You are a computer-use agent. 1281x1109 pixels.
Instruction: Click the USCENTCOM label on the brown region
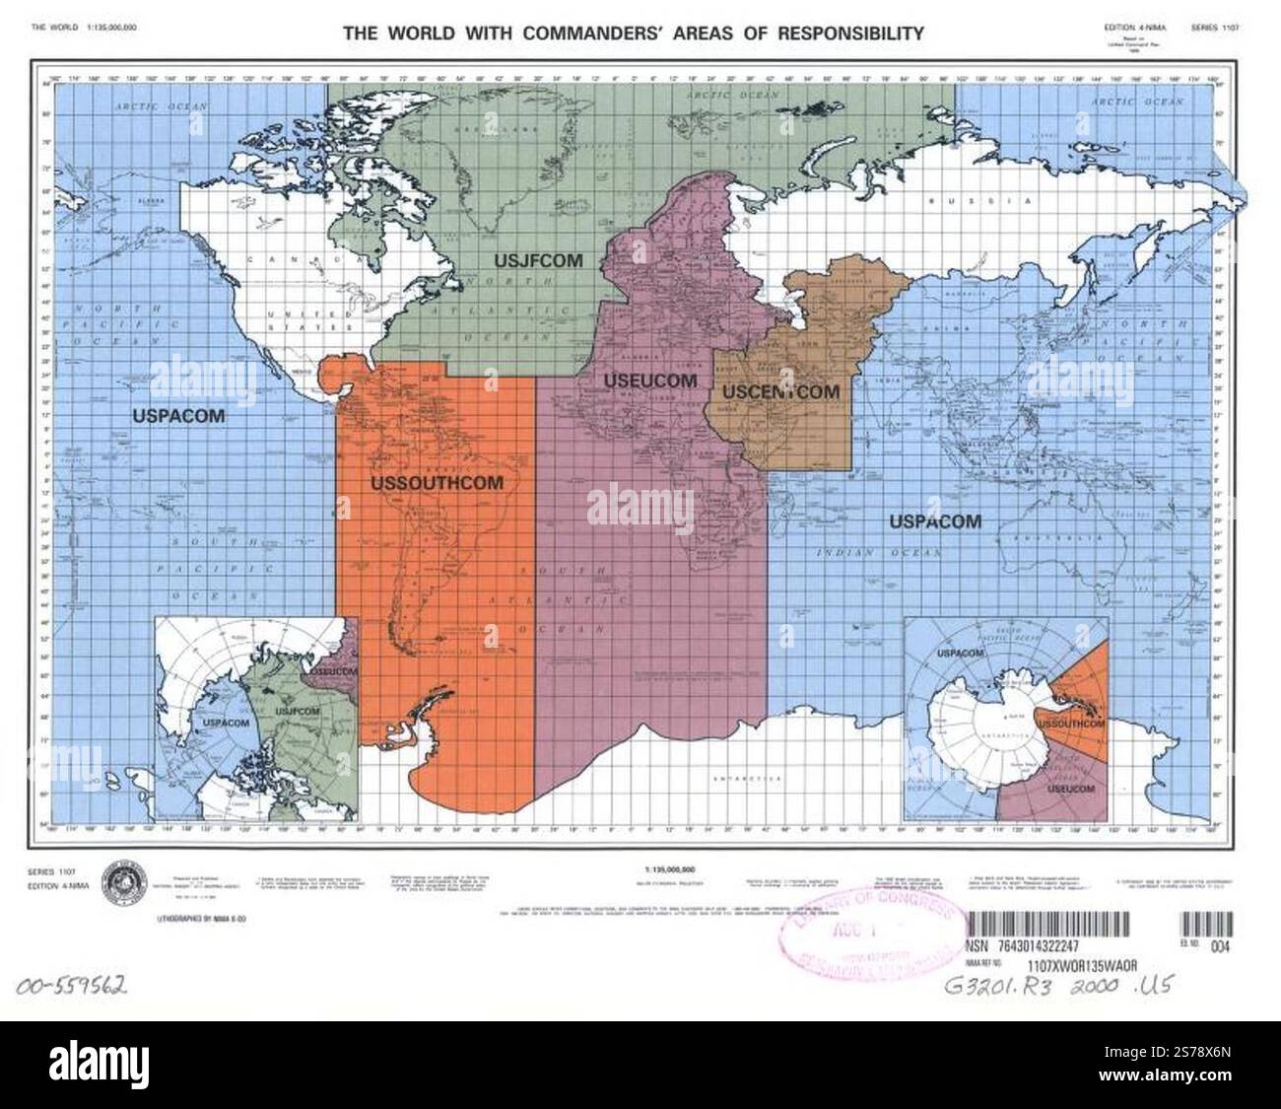(x=781, y=391)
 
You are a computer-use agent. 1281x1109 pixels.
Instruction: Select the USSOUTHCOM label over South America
(x=437, y=483)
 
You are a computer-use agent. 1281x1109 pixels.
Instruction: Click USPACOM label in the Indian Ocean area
(x=935, y=521)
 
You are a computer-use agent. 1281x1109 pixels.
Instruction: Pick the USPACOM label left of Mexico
(x=178, y=416)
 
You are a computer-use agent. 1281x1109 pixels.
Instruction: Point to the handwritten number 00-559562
(x=69, y=986)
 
